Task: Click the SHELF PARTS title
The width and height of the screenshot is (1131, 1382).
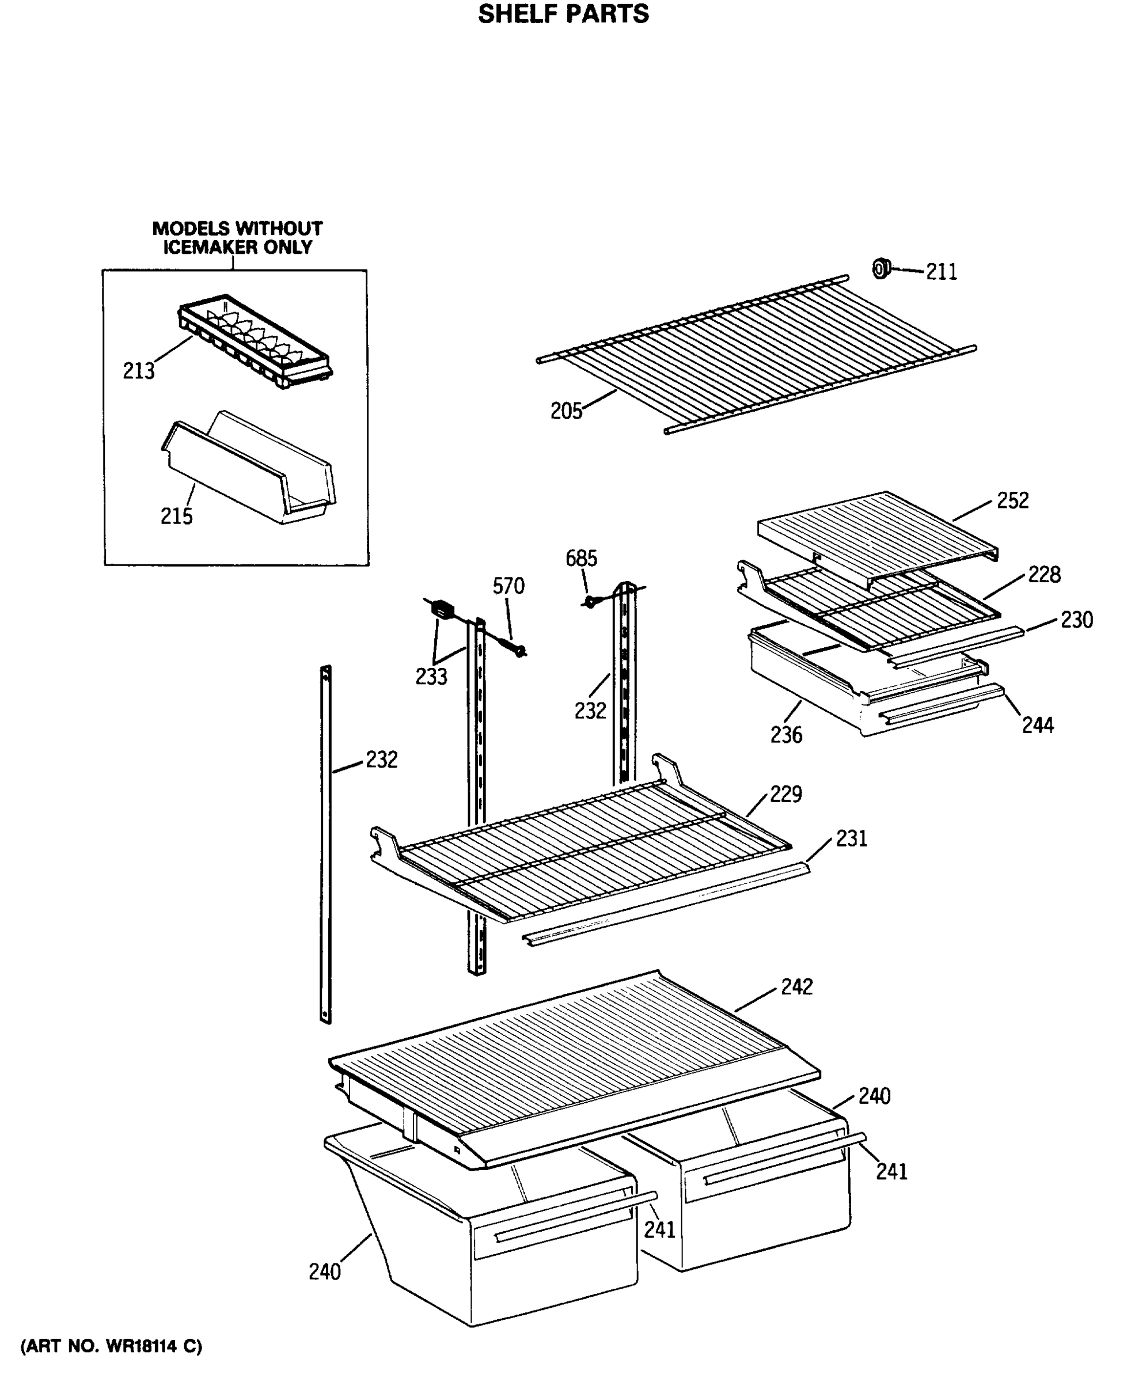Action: pyautogui.click(x=564, y=14)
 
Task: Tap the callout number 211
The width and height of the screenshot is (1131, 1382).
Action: pyautogui.click(x=942, y=272)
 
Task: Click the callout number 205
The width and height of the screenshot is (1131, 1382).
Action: pyautogui.click(x=566, y=412)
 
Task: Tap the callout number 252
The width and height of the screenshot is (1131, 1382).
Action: pyautogui.click(x=1012, y=500)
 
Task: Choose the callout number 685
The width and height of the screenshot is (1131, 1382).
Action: pyautogui.click(x=581, y=559)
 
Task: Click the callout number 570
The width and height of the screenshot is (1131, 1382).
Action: pyautogui.click(x=508, y=586)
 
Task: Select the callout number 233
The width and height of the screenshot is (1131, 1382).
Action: pyautogui.click(x=431, y=677)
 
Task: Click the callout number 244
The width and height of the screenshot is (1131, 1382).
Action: pyautogui.click(x=1038, y=725)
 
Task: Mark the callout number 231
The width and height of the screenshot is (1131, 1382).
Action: pyautogui.click(x=852, y=838)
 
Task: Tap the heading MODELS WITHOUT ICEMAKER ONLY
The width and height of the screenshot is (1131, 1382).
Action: pyautogui.click(x=237, y=238)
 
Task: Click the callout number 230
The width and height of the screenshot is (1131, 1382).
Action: pyautogui.click(x=1076, y=620)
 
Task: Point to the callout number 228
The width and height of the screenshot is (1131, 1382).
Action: pyautogui.click(x=1045, y=575)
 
